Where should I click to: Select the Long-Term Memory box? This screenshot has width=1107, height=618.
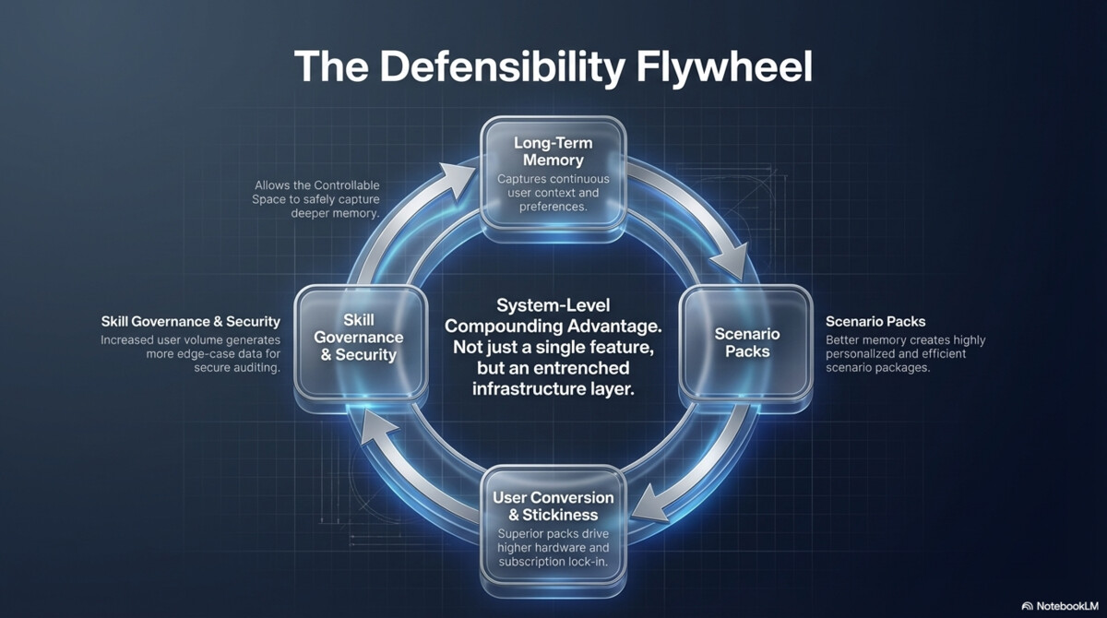(x=553, y=175)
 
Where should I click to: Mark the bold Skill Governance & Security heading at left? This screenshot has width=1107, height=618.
(x=190, y=322)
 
